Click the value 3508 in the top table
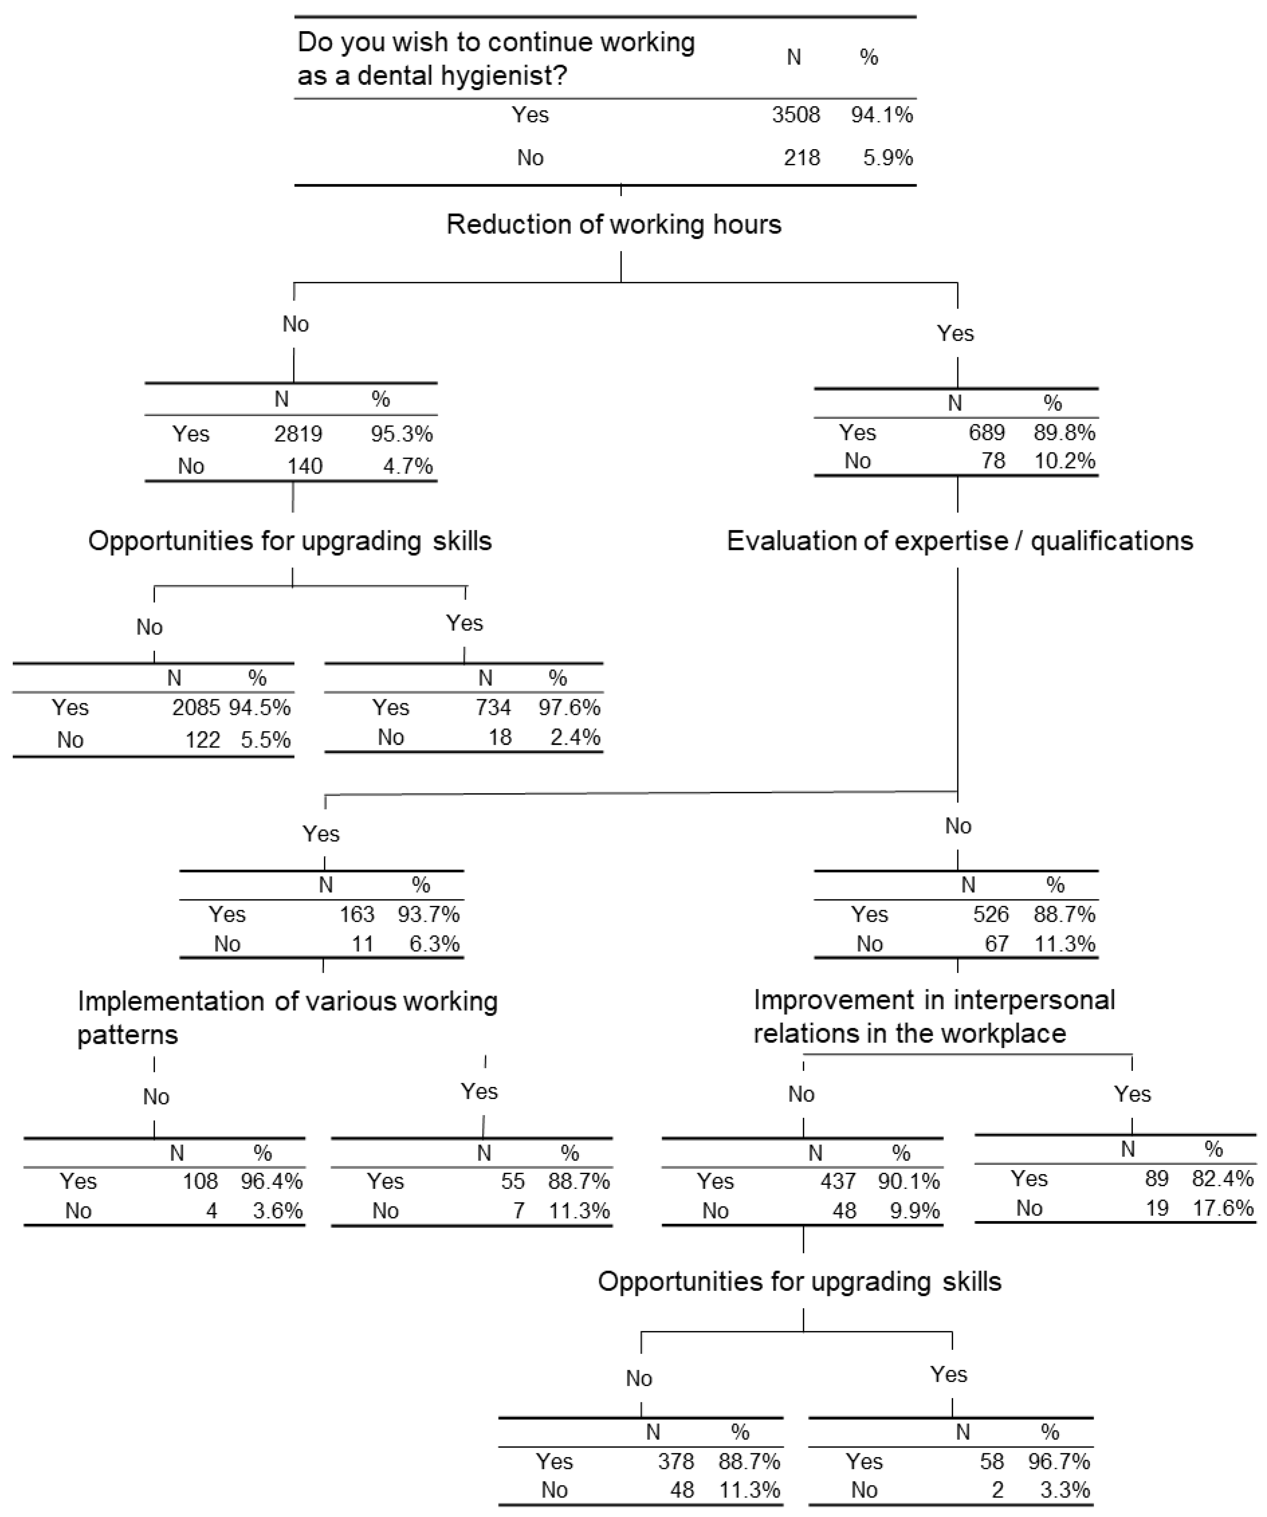coord(796,115)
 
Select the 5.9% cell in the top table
coord(888,158)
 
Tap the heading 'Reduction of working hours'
coord(614,225)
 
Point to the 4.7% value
coord(408,466)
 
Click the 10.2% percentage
coord(1064,461)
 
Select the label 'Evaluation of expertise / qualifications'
coord(959,541)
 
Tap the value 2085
coord(196,707)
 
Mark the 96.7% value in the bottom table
coord(1059,1461)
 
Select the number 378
coord(676,1461)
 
